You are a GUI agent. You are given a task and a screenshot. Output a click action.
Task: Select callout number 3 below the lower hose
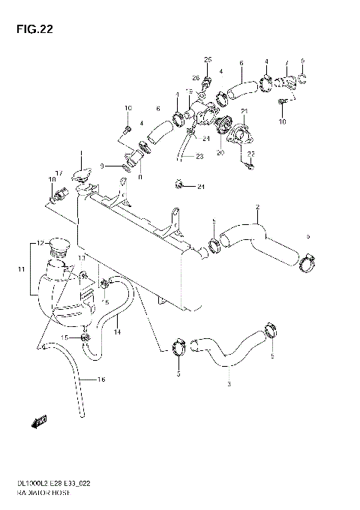tap(227, 385)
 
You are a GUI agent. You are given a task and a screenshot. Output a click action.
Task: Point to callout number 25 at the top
tap(208, 59)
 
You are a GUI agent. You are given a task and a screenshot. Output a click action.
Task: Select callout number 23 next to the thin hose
tap(199, 157)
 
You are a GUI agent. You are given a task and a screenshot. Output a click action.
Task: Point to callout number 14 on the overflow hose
tap(117, 331)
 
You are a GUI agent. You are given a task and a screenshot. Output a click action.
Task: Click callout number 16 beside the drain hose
tap(102, 379)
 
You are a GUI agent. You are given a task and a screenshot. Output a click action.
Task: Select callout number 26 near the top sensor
tap(196, 77)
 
